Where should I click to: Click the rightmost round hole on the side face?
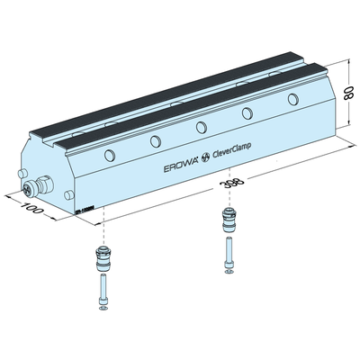(x=292, y=97)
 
